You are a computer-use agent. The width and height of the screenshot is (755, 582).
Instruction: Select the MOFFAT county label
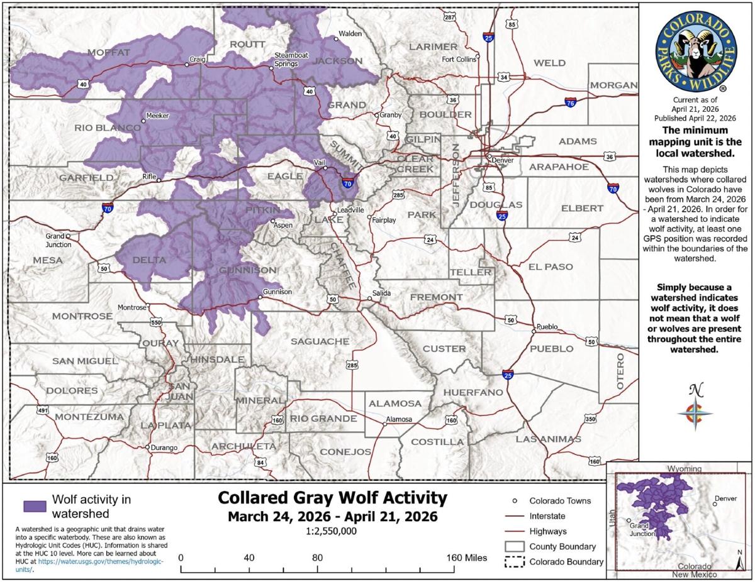109,52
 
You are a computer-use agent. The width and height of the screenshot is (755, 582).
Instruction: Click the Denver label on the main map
504,160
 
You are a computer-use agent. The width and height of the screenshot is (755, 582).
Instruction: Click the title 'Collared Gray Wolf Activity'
332,498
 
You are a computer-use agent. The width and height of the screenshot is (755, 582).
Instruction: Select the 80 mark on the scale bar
318,557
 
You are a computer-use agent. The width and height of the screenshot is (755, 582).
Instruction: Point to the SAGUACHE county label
320,341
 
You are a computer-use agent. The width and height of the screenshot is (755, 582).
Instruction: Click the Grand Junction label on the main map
59,241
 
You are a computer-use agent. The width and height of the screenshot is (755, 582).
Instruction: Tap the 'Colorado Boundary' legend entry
566,561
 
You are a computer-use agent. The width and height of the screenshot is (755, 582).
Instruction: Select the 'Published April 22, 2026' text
695,118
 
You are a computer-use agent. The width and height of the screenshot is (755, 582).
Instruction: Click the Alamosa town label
399,419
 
